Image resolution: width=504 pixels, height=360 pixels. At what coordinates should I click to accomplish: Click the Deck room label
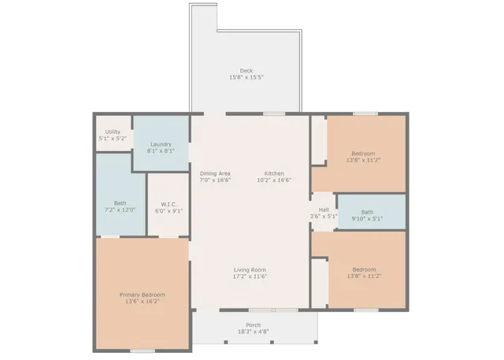tap(246, 70)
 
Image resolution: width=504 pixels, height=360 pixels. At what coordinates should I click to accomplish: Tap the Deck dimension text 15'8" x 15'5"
tap(246, 77)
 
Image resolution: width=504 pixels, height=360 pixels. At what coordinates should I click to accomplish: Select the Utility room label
tap(113, 132)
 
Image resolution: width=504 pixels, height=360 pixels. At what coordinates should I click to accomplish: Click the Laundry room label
tap(161, 144)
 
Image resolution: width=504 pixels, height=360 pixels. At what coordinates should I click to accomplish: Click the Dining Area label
tap(215, 173)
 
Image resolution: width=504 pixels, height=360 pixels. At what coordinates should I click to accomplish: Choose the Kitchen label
tap(274, 173)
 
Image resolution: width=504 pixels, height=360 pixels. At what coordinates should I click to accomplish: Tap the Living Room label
tap(250, 269)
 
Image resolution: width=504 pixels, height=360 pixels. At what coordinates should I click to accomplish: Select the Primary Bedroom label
tap(143, 294)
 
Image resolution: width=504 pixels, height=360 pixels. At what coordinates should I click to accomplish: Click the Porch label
tap(254, 325)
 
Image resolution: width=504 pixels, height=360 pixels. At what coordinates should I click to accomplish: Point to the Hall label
tap(324, 210)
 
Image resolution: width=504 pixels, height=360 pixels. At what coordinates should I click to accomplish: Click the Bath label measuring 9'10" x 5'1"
tap(367, 211)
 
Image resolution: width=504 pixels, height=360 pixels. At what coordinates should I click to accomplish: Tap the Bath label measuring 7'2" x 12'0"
tap(120, 202)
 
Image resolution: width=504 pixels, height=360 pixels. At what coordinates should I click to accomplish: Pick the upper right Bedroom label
tap(363, 153)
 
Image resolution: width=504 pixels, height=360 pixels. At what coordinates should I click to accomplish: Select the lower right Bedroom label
tap(363, 269)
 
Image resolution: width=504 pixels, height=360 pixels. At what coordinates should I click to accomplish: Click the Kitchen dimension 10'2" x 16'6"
tap(274, 180)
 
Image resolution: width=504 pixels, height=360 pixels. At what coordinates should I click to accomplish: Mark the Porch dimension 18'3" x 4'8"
tap(254, 332)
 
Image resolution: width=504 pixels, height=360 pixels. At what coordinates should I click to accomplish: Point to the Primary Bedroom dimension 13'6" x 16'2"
tap(143, 301)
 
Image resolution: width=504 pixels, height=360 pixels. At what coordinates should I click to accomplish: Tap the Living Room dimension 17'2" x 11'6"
tap(250, 276)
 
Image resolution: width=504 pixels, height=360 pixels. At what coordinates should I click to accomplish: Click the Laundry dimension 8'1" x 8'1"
tap(161, 151)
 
